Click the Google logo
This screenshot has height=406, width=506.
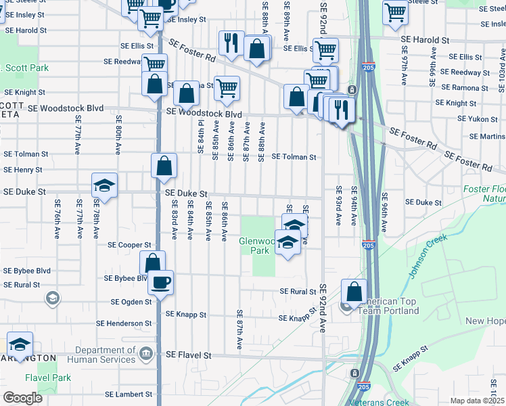pos(22,397)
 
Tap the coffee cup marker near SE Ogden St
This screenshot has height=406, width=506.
pos(160,281)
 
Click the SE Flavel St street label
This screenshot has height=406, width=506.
pos(189,355)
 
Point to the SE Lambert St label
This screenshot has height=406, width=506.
pos(129,394)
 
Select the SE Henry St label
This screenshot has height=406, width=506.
pos(23,170)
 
